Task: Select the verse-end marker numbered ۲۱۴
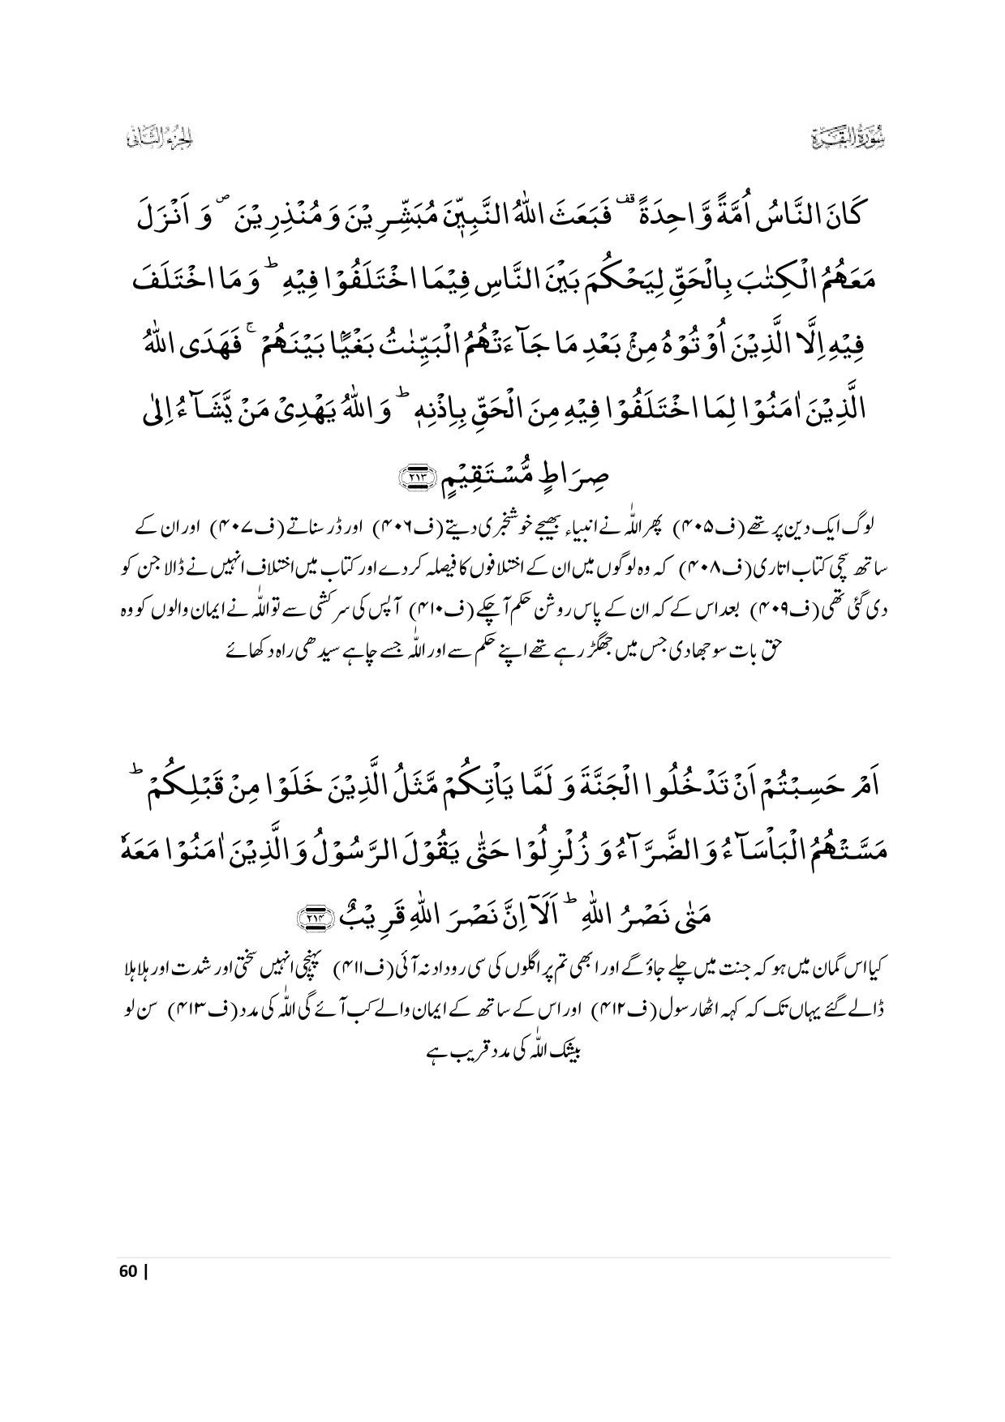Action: tap(310, 917)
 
